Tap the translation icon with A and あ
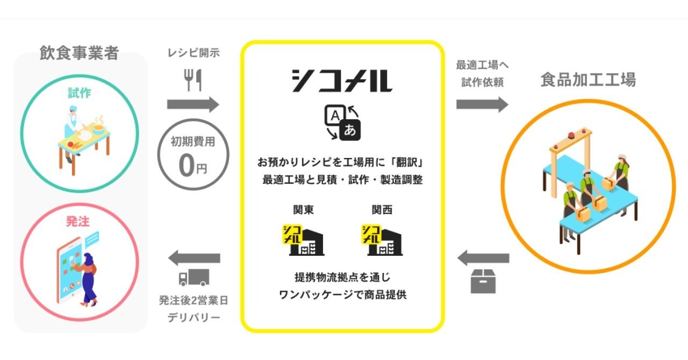342,122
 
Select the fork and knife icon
192,80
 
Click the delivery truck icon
193,277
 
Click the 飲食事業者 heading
79,53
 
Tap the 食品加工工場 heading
588,80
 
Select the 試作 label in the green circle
79,93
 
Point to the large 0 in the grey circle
186,166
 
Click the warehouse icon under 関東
303,240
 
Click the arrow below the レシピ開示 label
193,104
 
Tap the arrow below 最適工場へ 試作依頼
482,104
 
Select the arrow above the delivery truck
194,258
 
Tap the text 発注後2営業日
193,300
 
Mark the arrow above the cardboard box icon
483,258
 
